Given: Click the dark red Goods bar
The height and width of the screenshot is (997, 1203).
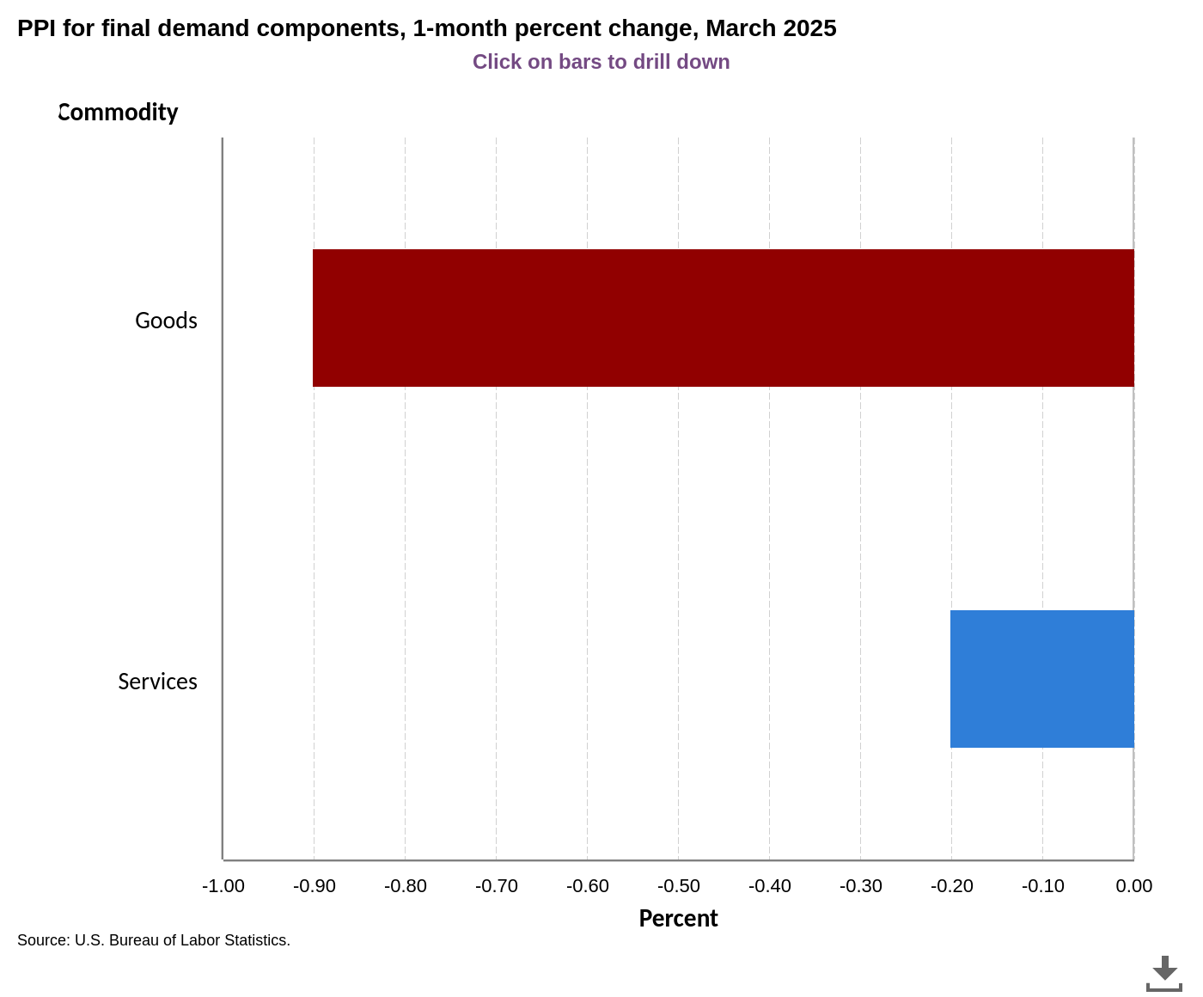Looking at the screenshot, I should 723,318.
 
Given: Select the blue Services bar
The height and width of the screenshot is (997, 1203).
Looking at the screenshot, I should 1041,679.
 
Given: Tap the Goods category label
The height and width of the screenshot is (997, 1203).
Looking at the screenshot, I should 166,321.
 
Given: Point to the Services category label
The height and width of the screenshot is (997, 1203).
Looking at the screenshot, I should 157,682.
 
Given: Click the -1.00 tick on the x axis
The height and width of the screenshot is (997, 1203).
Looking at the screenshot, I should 223,886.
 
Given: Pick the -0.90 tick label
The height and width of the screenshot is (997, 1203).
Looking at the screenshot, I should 314,886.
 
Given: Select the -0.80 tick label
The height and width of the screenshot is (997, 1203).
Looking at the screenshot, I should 406,886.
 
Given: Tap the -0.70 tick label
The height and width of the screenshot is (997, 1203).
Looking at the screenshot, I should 497,886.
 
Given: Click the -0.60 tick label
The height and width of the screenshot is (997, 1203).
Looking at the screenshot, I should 588,886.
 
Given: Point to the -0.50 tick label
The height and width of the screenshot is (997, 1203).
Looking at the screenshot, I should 679,886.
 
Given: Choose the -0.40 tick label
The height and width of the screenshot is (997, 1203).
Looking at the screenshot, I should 770,886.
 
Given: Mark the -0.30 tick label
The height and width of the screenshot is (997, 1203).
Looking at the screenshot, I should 861,886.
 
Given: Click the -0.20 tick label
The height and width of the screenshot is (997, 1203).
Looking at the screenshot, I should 952,886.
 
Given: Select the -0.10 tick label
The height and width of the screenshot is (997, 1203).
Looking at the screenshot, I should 1043,886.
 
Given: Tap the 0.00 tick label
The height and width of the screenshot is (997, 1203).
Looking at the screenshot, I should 1134,886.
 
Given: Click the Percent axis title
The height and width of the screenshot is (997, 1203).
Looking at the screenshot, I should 678,919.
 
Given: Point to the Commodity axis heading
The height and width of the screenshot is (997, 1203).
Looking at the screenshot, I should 118,113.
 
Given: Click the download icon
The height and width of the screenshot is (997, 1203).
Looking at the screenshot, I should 1164,974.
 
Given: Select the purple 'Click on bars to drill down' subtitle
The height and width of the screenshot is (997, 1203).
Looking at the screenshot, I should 601,62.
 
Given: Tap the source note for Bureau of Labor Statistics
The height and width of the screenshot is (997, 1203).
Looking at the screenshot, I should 154,940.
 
